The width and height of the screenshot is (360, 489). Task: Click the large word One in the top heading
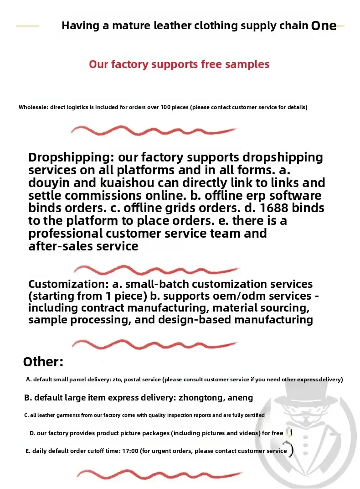pos(324,26)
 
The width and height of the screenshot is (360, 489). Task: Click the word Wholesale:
pos(33,107)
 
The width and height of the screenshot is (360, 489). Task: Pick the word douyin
pos(50,183)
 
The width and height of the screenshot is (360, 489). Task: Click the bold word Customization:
pos(68,284)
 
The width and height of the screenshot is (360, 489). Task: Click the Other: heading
pos(43,362)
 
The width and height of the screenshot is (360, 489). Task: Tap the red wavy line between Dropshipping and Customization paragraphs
pos(155,270)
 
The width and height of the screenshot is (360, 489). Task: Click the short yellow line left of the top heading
pos(27,26)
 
